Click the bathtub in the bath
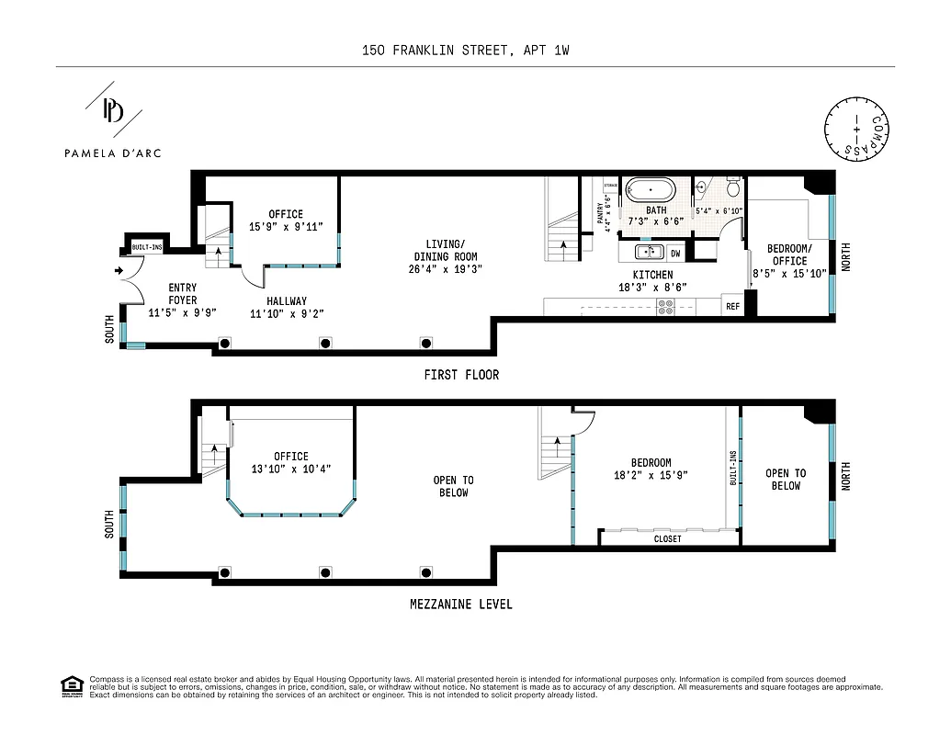click(x=650, y=190)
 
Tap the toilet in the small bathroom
click(x=733, y=187)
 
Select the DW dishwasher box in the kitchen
click(x=674, y=253)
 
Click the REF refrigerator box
click(x=732, y=307)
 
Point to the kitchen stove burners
click(x=664, y=307)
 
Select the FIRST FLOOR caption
click(x=461, y=375)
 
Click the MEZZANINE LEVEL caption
click(x=460, y=605)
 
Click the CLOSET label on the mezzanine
click(x=667, y=538)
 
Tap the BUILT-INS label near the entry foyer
click(x=146, y=248)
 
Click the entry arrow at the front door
click(x=119, y=271)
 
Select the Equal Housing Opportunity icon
click(x=70, y=685)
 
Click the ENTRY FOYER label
click(x=182, y=294)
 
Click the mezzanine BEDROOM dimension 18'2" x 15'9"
click(x=651, y=475)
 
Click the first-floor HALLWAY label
click(x=287, y=300)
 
